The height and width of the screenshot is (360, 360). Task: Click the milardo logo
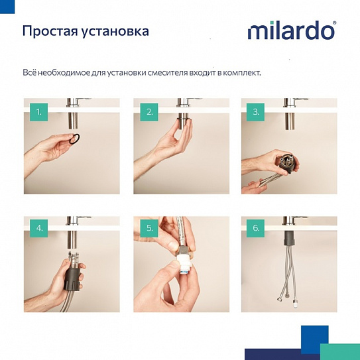point(292,31)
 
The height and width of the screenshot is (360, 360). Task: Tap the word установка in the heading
point(115,32)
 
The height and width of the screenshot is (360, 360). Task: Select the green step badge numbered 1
point(39,113)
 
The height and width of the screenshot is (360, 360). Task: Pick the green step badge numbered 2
point(148,113)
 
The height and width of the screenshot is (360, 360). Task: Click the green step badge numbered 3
point(256,113)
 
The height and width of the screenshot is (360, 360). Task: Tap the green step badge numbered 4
point(39,229)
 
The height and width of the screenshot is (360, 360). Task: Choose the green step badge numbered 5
point(148,229)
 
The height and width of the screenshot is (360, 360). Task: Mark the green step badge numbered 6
point(256,229)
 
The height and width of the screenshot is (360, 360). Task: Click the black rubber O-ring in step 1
point(77,139)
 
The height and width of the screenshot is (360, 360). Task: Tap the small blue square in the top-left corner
point(4,5)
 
